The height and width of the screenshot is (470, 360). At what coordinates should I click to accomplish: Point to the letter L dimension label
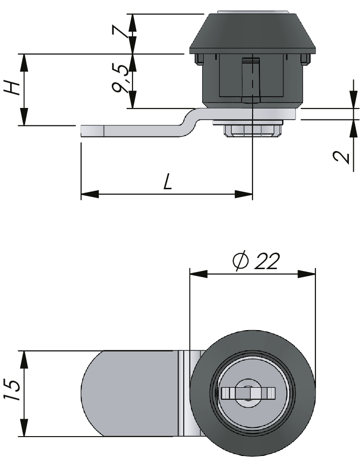point(167,182)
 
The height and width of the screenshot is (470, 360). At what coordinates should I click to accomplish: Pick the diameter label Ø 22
point(256,261)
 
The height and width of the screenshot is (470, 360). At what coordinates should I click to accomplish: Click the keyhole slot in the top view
point(247,393)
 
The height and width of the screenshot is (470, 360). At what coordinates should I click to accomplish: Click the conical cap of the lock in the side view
point(252,31)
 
